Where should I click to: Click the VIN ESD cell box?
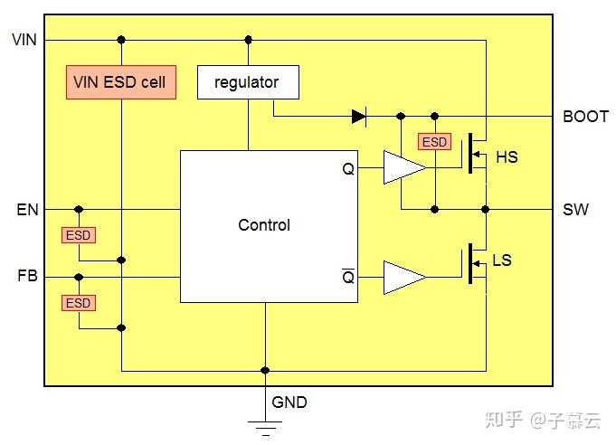point(121,82)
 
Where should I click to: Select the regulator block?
point(248,82)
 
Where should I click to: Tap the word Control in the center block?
point(264,225)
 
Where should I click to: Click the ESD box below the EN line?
point(79,235)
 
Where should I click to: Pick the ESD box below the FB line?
point(79,303)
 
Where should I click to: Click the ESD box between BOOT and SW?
point(434,142)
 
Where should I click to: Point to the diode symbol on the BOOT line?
point(359,117)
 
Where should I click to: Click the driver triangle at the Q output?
point(404,167)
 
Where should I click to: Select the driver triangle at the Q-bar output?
point(404,278)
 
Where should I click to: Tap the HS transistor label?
point(507,157)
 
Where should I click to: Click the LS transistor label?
point(502,260)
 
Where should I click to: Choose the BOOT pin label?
point(585,117)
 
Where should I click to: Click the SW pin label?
point(575,209)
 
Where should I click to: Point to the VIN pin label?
point(24,40)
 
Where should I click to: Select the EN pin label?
point(27,209)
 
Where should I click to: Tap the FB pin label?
point(27,276)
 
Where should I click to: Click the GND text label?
point(289,402)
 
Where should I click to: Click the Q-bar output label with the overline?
point(348,276)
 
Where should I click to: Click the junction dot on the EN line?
point(79,209)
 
